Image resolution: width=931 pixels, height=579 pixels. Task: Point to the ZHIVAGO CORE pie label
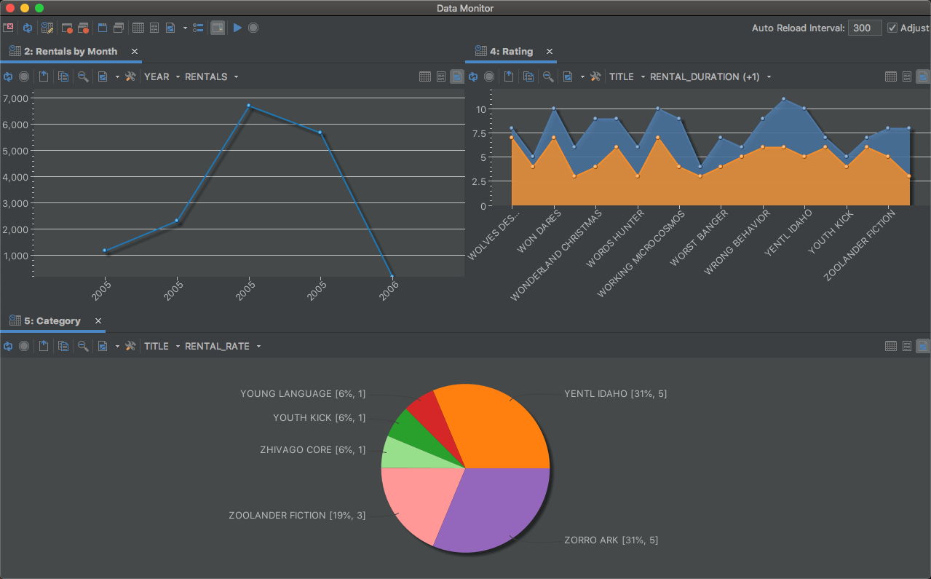pyautogui.click(x=312, y=450)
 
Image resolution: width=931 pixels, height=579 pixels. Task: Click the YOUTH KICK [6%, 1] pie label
pyautogui.click(x=319, y=418)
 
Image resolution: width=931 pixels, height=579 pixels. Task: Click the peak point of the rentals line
pyautogui.click(x=249, y=106)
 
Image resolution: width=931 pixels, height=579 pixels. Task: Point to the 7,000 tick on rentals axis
pyautogui.click(x=16, y=98)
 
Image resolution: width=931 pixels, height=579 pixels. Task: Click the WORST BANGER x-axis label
pyautogui.click(x=699, y=239)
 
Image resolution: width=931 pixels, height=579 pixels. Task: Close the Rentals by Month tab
pyautogui.click(x=135, y=52)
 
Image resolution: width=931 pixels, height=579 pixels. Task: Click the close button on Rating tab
pyautogui.click(x=550, y=52)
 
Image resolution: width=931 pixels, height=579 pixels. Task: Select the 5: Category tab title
pyautogui.click(x=52, y=321)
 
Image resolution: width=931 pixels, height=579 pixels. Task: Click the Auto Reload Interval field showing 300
pyautogui.click(x=864, y=28)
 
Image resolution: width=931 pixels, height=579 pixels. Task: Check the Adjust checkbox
pyautogui.click(x=892, y=28)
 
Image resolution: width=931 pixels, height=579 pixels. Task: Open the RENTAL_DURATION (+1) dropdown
pyautogui.click(x=710, y=76)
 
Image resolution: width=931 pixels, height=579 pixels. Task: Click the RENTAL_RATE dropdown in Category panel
pyautogui.click(x=223, y=346)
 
